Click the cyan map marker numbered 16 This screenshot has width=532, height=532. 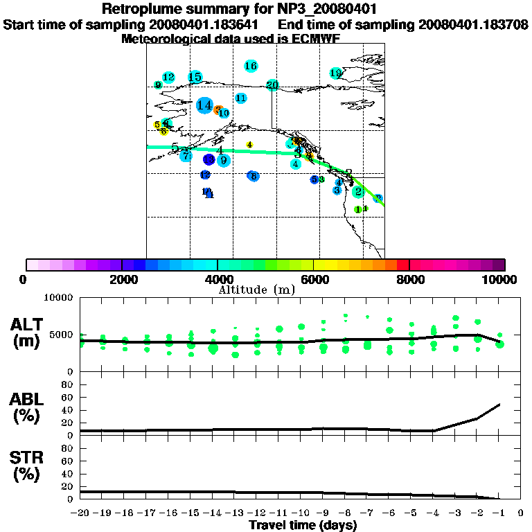pyautogui.click(x=251, y=66)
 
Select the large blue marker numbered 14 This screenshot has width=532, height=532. pyautogui.click(x=204, y=105)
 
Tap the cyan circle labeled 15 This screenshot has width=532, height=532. pyautogui.click(x=195, y=77)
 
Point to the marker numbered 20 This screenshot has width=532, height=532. pyautogui.click(x=272, y=85)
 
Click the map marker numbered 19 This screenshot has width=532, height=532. pyautogui.click(x=336, y=73)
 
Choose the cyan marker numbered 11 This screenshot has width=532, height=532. pyautogui.click(x=241, y=98)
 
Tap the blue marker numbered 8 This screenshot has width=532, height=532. pyautogui.click(x=254, y=176)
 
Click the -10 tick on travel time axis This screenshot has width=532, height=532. pyautogui.click(x=301, y=513)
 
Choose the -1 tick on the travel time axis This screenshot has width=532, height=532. pyautogui.click(x=499, y=513)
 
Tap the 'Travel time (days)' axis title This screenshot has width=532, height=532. pyautogui.click(x=303, y=525)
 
